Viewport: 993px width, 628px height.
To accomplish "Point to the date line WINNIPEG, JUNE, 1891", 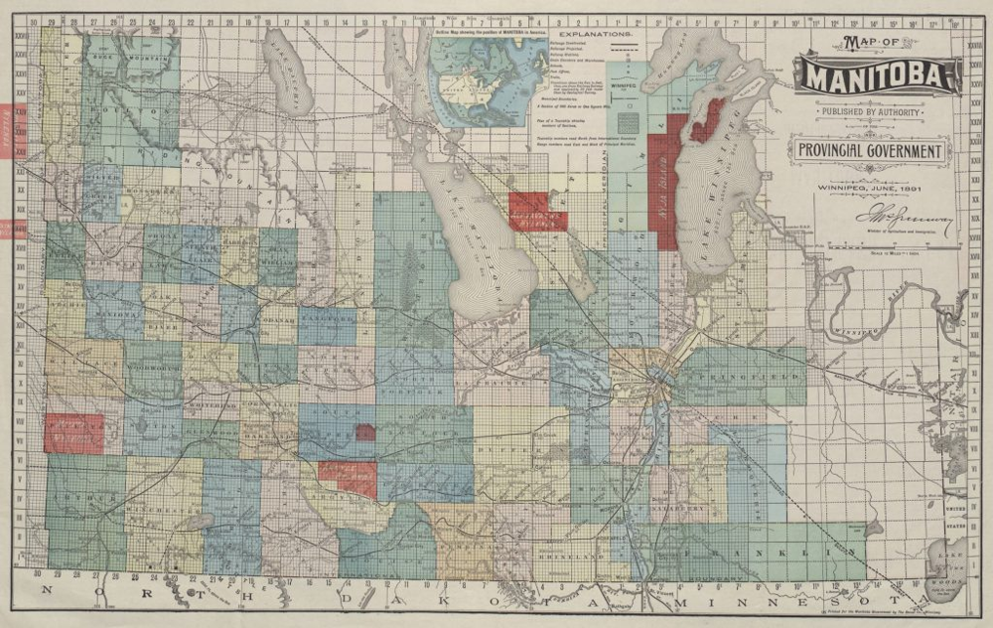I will (x=870, y=186).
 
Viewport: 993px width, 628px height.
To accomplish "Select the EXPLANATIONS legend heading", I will (x=603, y=34).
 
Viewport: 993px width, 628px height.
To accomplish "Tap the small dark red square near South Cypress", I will (x=365, y=432).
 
